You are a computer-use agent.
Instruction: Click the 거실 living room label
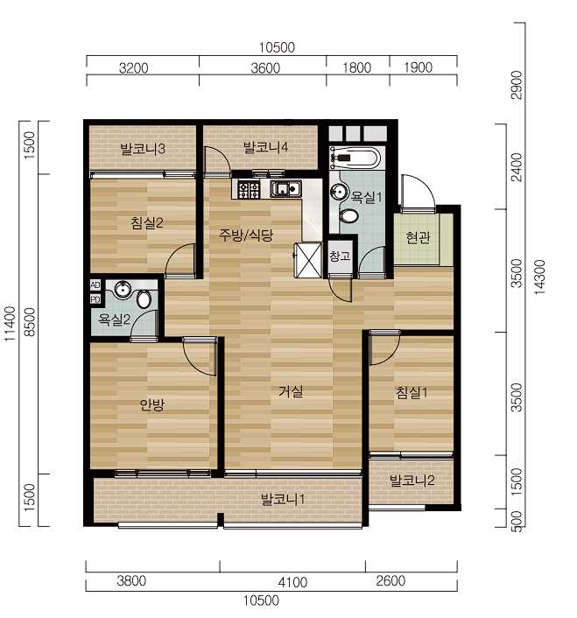291,391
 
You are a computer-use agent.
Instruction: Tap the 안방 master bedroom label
152,404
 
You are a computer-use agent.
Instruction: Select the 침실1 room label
412,392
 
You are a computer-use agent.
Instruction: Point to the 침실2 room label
146,223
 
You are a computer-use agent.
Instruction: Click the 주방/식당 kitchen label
246,235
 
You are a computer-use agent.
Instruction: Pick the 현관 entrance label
418,238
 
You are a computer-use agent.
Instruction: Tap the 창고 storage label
340,256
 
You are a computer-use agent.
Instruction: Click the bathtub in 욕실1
355,158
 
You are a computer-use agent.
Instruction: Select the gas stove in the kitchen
249,190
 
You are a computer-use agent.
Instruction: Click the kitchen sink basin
285,189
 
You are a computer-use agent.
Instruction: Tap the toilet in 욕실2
144,299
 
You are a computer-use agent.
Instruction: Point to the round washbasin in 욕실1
338,192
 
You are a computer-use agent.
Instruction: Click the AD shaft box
95,285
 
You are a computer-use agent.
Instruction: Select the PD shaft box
95,299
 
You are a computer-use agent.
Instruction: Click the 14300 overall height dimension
539,277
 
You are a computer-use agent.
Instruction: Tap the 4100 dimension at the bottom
292,582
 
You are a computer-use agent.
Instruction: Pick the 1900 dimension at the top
418,67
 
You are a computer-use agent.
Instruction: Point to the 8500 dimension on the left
30,322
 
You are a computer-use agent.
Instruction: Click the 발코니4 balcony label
265,147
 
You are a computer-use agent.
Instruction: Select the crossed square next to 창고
308,261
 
